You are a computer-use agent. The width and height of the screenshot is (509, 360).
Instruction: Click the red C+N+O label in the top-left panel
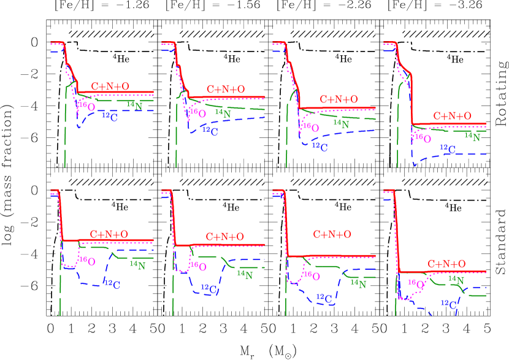[110, 86]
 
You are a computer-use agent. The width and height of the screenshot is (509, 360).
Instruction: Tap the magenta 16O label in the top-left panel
[87, 106]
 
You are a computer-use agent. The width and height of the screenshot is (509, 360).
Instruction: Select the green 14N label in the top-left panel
[134, 105]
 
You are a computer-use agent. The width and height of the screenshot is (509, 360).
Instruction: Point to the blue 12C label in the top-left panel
[110, 117]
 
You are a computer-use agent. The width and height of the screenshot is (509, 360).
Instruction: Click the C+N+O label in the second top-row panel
[226, 90]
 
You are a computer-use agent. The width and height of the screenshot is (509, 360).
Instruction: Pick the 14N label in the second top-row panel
[223, 113]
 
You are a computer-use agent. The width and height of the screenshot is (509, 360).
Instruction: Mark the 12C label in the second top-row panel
[210, 131]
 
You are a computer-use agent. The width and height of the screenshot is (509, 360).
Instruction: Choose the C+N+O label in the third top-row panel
[339, 99]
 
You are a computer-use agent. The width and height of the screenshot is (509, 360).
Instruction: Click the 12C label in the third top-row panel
[320, 146]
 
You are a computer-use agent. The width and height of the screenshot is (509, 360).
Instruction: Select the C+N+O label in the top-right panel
[453, 116]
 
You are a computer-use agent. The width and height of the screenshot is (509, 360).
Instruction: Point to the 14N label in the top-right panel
[472, 137]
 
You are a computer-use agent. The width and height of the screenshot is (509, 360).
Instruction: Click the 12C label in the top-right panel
[448, 148]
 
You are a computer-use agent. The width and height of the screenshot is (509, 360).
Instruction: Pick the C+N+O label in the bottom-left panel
[109, 234]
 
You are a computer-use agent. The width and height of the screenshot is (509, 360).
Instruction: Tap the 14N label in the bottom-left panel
[137, 265]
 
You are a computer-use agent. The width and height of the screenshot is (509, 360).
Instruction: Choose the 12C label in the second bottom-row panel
[210, 288]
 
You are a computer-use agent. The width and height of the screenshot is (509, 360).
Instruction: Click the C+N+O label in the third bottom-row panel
[332, 234]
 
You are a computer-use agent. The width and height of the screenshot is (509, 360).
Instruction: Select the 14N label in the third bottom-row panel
[358, 283]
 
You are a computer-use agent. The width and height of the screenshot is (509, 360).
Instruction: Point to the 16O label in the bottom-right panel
[416, 284]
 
